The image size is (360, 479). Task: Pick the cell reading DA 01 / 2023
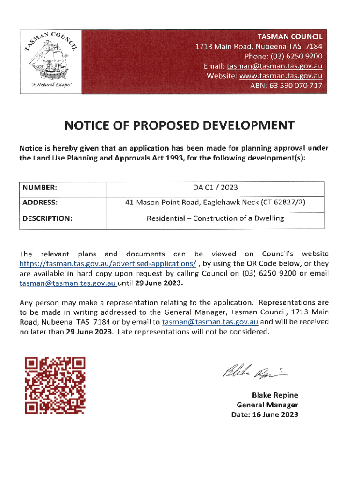(x=216, y=188)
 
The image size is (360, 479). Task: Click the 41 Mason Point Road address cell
(x=216, y=203)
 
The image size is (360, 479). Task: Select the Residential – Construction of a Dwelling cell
(x=216, y=218)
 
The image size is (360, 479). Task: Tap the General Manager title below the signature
(x=267, y=405)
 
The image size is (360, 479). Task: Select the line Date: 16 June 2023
(x=265, y=415)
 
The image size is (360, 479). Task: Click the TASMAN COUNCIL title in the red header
(x=290, y=36)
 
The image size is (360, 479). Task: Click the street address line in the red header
(x=259, y=46)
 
